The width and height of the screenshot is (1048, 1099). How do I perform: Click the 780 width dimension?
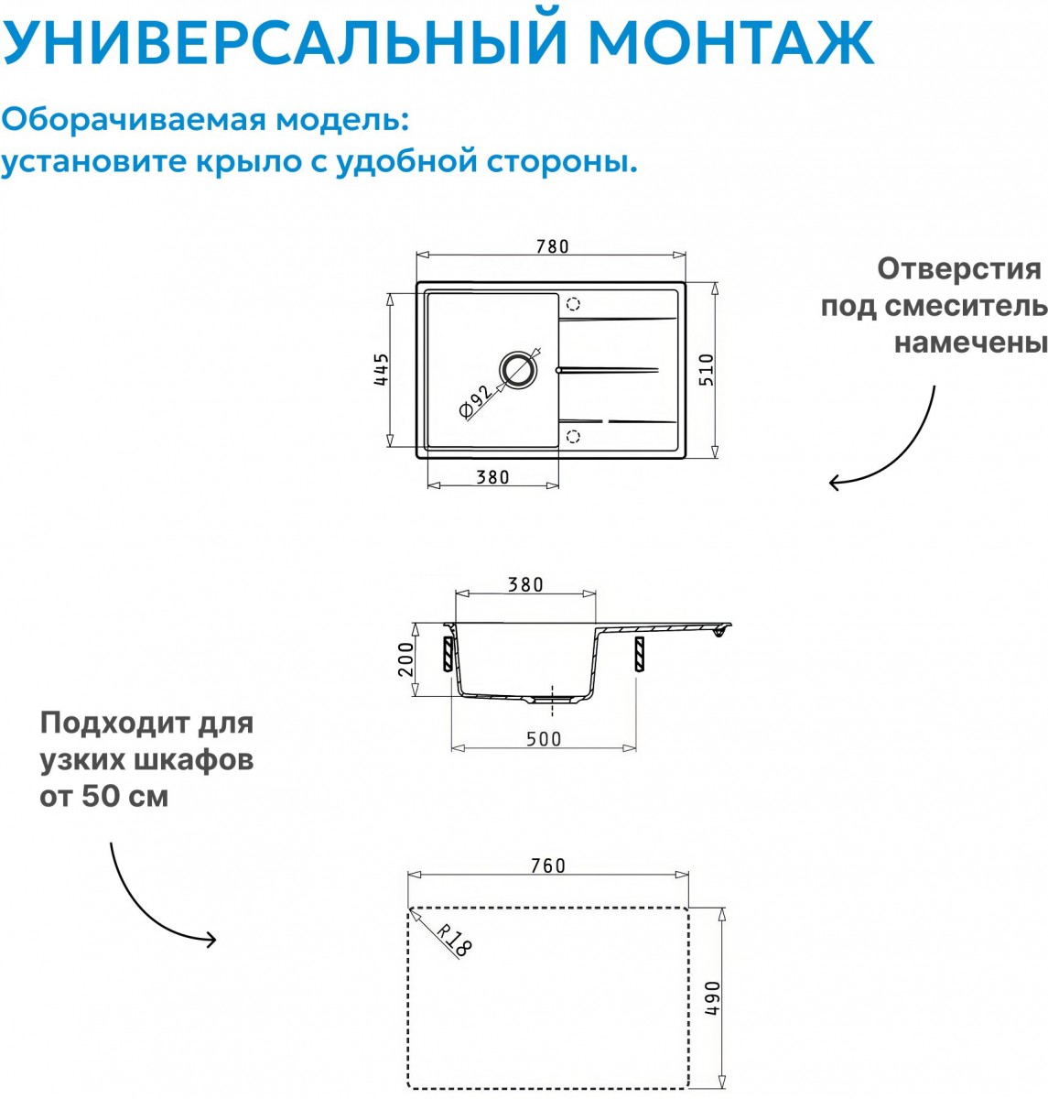coord(552,246)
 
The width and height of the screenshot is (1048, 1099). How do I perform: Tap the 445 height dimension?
coord(381,369)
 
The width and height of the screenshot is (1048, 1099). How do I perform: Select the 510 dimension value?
coord(707,369)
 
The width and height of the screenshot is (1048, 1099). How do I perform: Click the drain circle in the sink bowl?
coord(519,369)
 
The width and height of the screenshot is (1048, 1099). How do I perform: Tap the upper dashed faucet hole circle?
coord(573,304)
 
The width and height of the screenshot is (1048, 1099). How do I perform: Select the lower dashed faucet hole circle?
coord(573,437)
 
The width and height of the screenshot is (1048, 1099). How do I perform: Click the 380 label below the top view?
coord(492,477)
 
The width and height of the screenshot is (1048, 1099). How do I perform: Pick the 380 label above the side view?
coord(525,584)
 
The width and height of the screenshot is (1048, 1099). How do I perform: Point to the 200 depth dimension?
coord(406,659)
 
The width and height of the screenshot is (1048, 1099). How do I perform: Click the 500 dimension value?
coord(544,739)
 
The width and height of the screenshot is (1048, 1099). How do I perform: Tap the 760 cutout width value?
coord(548,865)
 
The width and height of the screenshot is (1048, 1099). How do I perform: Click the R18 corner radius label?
coord(454,940)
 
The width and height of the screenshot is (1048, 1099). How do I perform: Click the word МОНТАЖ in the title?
coord(731,42)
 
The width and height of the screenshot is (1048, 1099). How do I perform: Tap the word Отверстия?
coord(959,269)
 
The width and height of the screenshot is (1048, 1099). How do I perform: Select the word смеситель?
coord(966,306)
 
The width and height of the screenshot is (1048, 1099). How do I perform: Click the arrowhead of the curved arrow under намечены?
coord(835,483)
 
